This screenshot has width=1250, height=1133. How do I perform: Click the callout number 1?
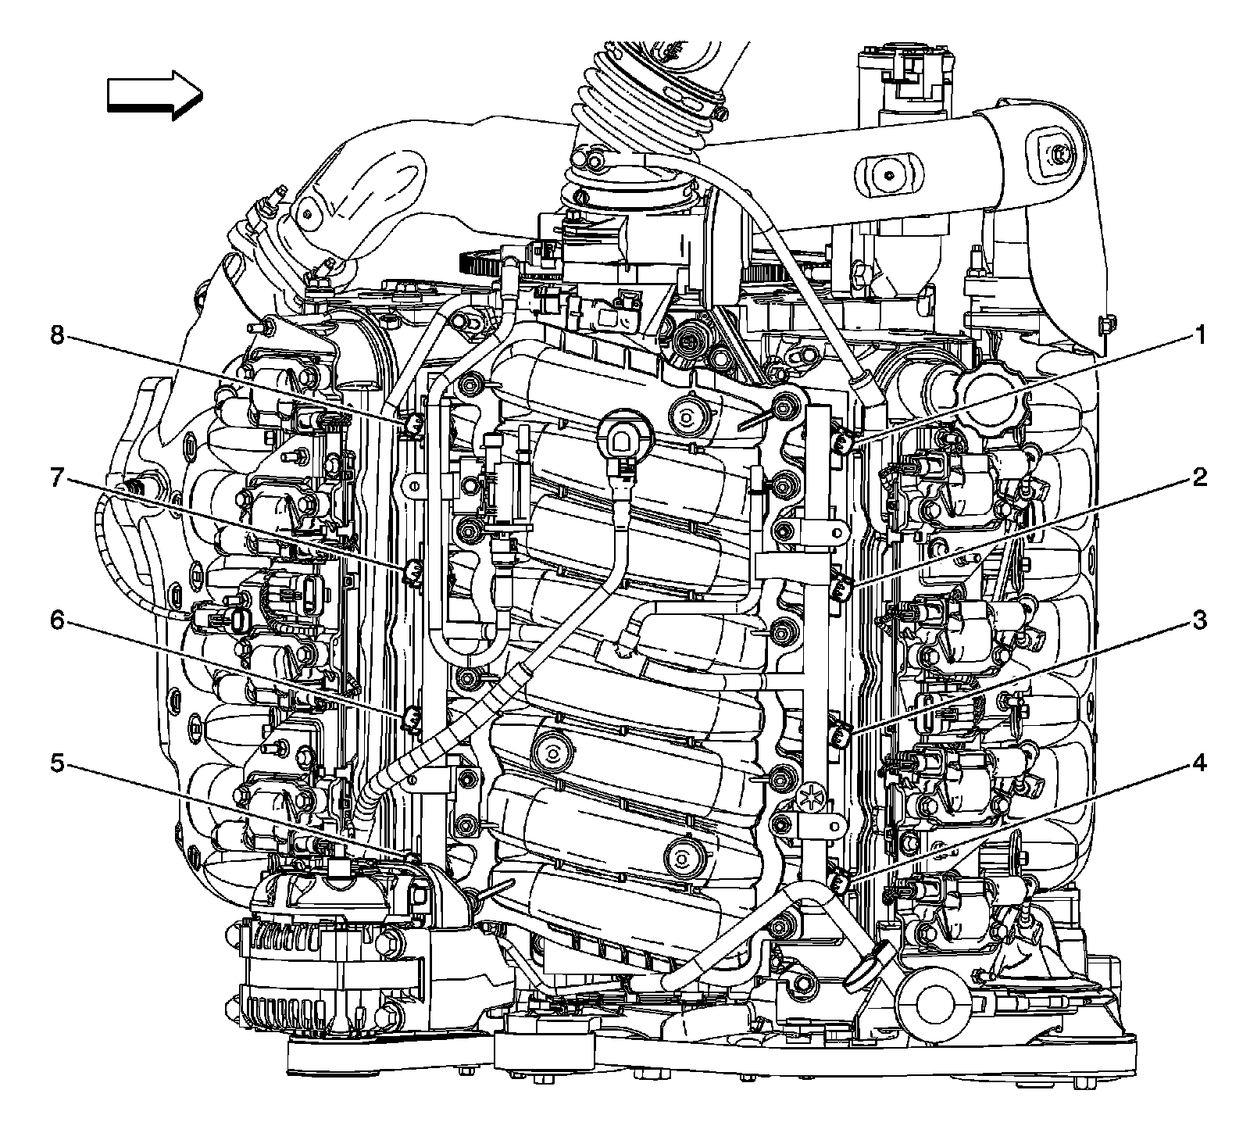(x=1198, y=337)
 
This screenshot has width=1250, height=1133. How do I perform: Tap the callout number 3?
(x=1198, y=621)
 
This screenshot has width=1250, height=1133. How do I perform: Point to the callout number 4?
(x=1198, y=763)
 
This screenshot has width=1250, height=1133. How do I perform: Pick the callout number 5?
(x=57, y=763)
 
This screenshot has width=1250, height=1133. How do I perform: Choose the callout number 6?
(x=57, y=621)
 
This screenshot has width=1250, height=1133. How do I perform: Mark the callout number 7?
(x=57, y=478)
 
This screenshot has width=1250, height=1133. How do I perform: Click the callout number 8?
(x=57, y=337)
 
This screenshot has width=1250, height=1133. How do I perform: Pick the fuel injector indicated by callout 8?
(x=413, y=425)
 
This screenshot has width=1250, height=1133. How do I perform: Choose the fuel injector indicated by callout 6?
(x=412, y=717)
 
